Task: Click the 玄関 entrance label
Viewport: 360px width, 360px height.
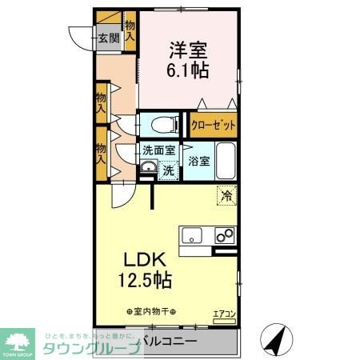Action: point(109,38)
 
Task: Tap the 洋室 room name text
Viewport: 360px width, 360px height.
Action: point(189,48)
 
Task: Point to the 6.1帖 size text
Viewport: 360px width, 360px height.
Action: point(189,70)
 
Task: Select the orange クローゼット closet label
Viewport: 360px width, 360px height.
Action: point(212,126)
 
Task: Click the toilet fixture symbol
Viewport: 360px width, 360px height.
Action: point(162,123)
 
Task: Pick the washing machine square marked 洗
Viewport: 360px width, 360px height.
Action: point(168,170)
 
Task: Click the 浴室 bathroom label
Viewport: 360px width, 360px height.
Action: point(199,161)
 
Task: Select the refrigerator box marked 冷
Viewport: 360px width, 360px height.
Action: point(227,193)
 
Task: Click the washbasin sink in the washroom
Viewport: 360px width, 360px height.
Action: point(147,168)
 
